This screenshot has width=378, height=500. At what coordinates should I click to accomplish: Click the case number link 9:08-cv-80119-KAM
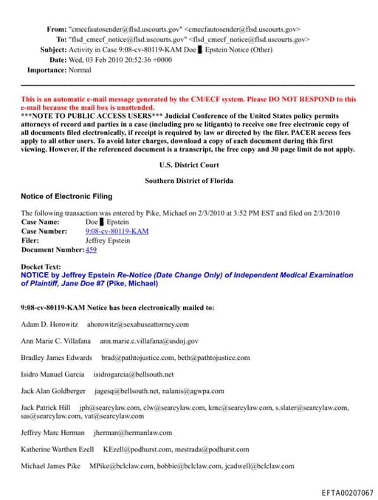[117, 231]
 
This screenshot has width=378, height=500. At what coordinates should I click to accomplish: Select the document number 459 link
[92, 250]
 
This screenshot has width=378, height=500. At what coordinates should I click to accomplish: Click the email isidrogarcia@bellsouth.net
[134, 374]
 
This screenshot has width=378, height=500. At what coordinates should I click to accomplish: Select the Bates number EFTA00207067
[347, 492]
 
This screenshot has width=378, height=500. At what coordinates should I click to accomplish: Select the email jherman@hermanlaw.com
[133, 433]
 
